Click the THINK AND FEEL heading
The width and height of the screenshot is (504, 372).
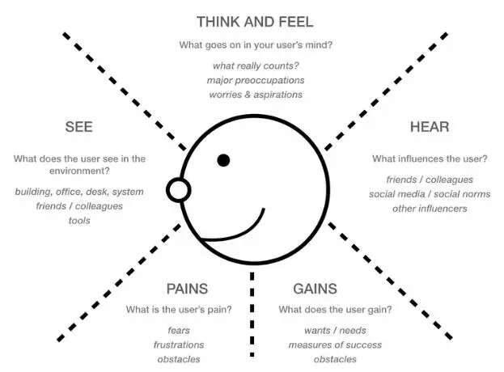point(254,21)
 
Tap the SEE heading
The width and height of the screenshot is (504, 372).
point(79,127)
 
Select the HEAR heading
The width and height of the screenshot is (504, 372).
point(429,127)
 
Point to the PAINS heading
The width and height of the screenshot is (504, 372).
point(187,288)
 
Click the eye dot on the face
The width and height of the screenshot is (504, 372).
point(224,160)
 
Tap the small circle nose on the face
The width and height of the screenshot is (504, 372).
point(178,190)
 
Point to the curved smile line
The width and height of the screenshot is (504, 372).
point(243,223)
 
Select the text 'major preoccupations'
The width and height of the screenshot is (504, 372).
point(255,79)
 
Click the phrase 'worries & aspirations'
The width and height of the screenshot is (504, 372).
point(255,94)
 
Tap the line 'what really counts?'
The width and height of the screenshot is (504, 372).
point(255,65)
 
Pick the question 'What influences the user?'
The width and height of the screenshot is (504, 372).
point(430,159)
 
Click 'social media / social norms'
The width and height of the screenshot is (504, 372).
point(430,194)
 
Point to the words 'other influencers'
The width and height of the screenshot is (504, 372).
point(430,208)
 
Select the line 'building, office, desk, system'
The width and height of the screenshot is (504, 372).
point(79,192)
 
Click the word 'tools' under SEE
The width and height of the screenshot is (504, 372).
point(79,220)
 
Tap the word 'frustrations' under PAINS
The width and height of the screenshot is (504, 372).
point(180,345)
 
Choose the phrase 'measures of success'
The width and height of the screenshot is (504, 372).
point(335,345)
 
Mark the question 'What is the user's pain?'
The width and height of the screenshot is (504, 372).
point(180,310)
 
